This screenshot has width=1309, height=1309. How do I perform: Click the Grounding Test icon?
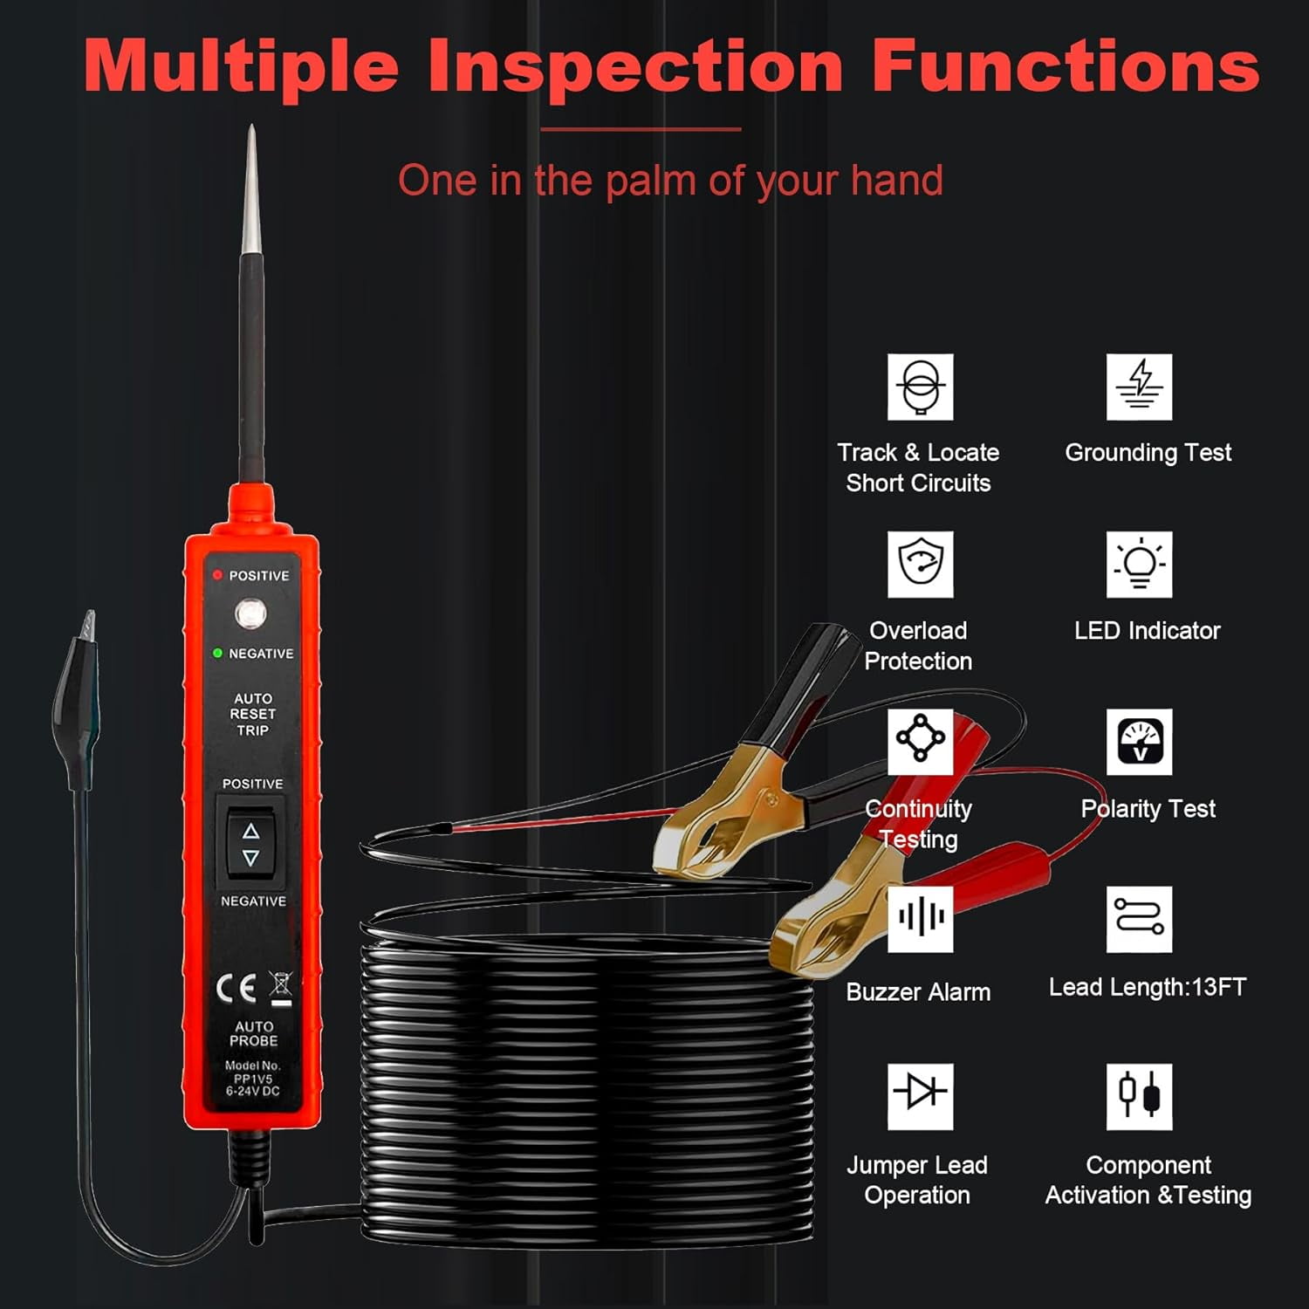click(1139, 387)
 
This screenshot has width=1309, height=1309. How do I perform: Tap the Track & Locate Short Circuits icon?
click(920, 387)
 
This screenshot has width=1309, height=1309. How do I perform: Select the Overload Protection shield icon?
click(920, 564)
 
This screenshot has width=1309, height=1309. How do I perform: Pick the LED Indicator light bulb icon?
click(1139, 564)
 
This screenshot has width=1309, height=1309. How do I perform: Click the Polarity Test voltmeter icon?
click(1139, 742)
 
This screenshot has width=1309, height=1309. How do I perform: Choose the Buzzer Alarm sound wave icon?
click(920, 918)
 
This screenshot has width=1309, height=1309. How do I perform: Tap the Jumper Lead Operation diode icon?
click(920, 1095)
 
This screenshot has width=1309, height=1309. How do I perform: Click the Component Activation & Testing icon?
click(1139, 1095)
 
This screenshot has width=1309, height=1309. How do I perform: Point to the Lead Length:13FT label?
click(1147, 987)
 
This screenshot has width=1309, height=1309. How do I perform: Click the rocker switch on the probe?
click(250, 843)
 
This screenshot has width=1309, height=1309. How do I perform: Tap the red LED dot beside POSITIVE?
click(217, 575)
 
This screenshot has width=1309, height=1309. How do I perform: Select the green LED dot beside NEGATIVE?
click(217, 653)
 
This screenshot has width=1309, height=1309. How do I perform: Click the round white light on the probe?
click(250, 613)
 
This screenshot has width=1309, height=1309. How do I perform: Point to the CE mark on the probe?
click(236, 988)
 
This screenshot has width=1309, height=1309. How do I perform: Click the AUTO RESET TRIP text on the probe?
click(252, 714)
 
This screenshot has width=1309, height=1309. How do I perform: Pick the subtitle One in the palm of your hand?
click(670, 181)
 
